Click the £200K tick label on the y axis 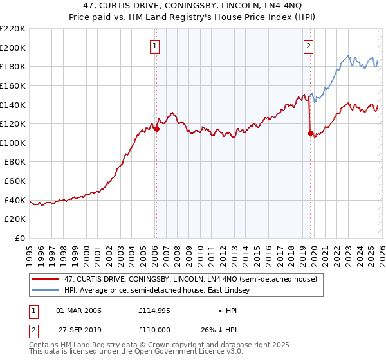coord(13,48)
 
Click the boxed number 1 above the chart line coord(156,46)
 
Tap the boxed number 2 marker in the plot coord(309,46)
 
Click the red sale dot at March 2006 coord(156,129)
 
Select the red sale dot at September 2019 coord(310,133)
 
